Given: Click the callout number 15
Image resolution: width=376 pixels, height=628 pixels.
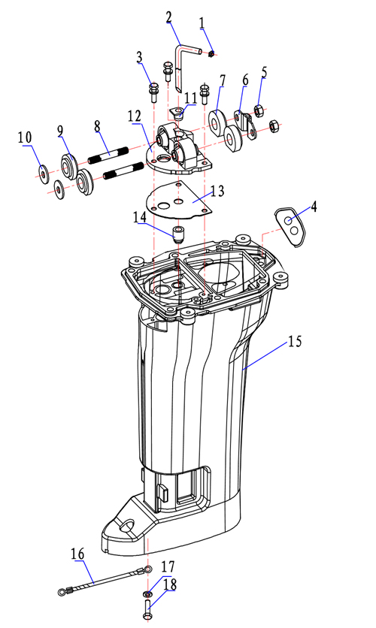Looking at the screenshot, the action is click(295, 342).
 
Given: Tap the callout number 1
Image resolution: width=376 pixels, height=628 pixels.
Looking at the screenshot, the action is click(202, 23).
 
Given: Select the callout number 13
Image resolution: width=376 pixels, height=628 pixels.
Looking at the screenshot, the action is click(217, 191).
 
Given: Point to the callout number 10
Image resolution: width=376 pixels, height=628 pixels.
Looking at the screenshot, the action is click(25, 137).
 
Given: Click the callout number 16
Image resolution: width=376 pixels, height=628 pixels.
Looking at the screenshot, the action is click(77, 554).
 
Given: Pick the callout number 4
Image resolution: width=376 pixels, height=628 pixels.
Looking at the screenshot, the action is click(314, 207).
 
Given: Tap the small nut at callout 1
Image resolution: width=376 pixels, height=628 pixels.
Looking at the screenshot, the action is click(211, 53).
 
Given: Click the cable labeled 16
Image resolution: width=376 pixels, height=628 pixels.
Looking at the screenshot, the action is click(105, 580).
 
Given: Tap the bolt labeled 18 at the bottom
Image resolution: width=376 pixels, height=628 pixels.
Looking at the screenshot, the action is click(147, 609).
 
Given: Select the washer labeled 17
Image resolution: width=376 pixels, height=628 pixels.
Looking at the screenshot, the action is click(147, 593).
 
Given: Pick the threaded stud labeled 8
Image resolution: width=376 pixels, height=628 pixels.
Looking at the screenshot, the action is click(108, 154).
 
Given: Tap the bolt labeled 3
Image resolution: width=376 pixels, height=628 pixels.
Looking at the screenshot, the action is click(153, 92).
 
